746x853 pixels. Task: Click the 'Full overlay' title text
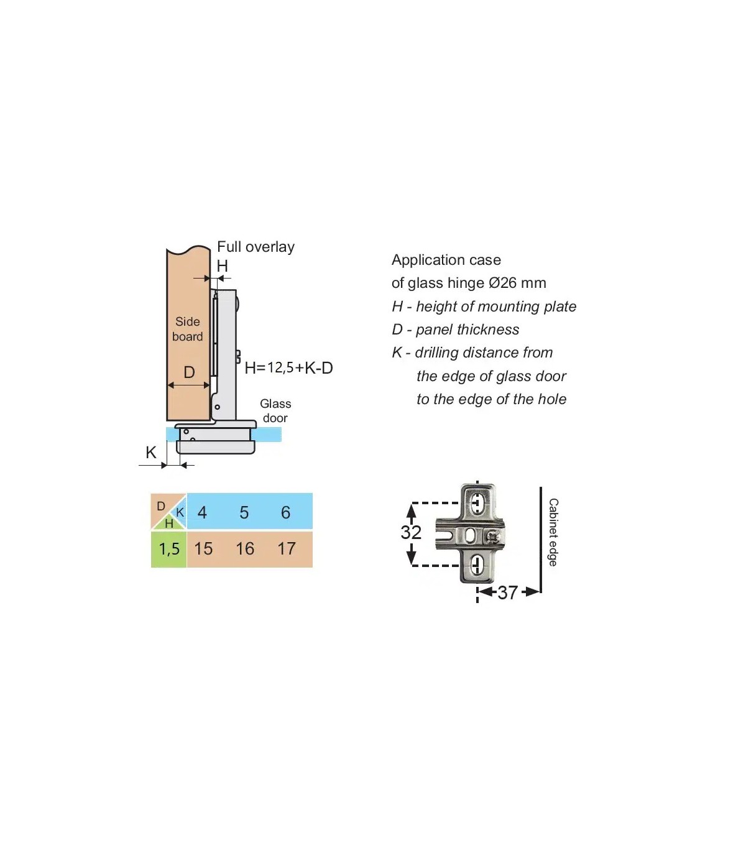pos(256,247)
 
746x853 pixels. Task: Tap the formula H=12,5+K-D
pos(288,367)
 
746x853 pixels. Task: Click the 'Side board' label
pos(187,329)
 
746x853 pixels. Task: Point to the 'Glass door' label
pos(275,411)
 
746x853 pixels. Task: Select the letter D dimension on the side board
pos(189,372)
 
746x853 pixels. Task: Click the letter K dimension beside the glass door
pos(150,452)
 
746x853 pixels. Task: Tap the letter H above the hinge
pos(222,265)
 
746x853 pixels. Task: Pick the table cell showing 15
pos(203,548)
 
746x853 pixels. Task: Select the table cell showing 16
pos(245,548)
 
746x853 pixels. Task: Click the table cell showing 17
pos(287,548)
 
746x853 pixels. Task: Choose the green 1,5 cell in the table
pos(168,548)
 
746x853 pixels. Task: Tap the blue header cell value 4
pos(202,512)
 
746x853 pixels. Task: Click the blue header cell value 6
pos(285,512)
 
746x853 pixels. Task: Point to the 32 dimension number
pos(411,532)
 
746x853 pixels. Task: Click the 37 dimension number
pos(507,592)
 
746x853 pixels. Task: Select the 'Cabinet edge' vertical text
pos(553,532)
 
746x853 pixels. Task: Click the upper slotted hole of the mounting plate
pos(477,502)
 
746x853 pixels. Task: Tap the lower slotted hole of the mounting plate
pos(477,565)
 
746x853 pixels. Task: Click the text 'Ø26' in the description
pos(502,283)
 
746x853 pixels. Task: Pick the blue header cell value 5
pos(244,512)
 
